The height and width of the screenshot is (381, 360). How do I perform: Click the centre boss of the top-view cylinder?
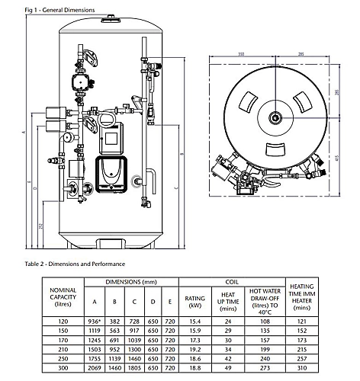tap(273, 118)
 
